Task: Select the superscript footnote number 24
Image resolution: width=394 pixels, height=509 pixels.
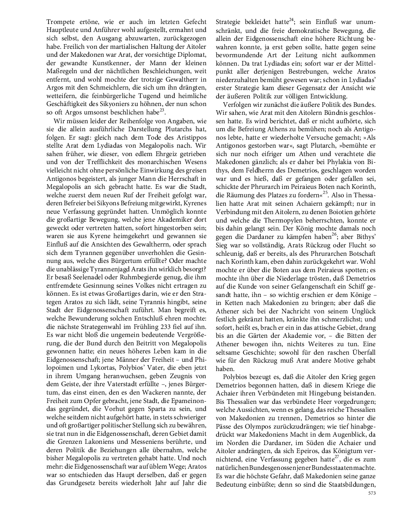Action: coord(291,20)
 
